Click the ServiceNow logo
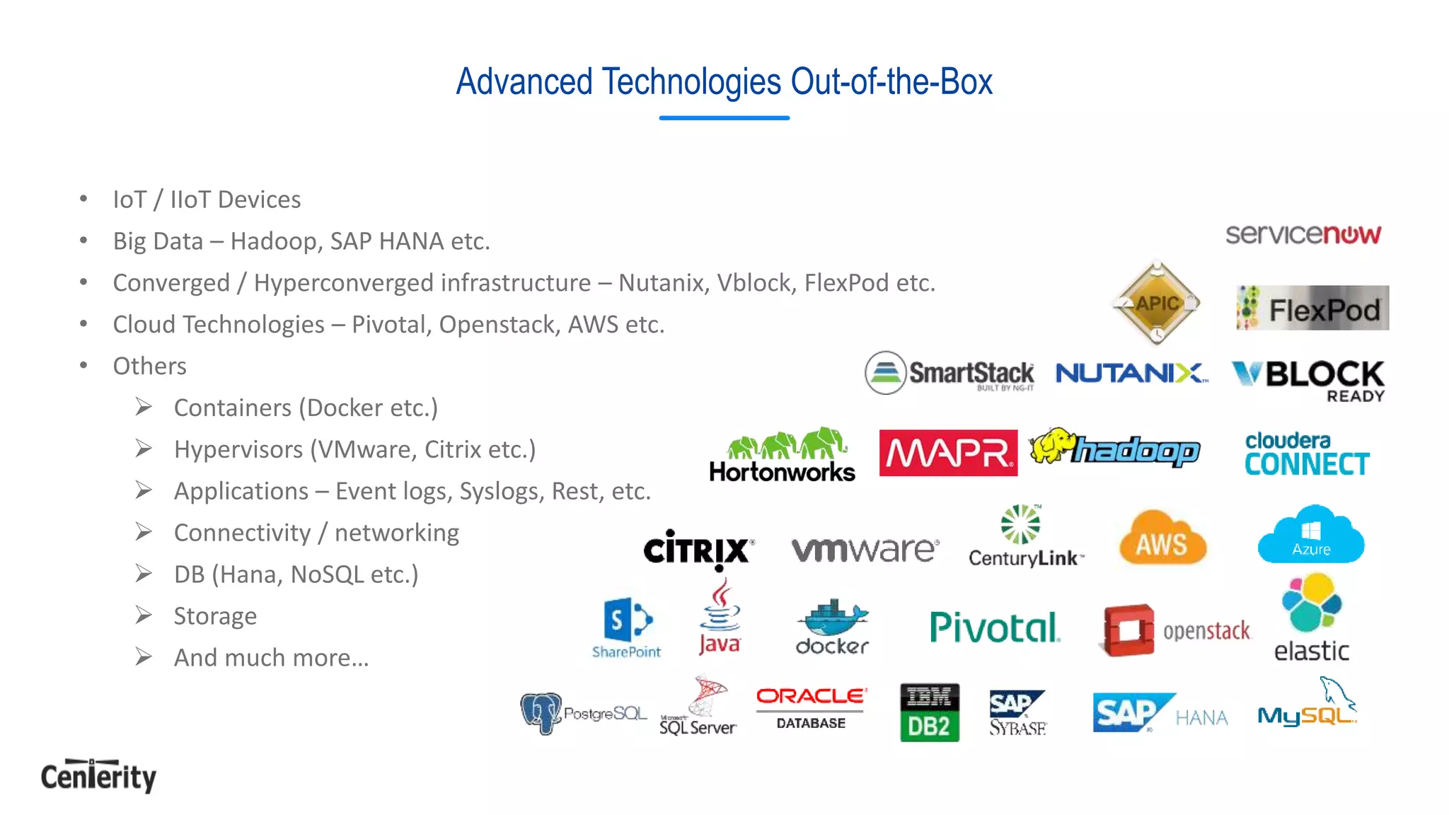(1303, 234)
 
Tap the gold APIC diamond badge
(1157, 304)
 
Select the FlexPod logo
(1312, 308)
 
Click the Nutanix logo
(1131, 373)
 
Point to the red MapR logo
(948, 453)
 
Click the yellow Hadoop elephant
(1051, 446)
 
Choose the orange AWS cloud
(1162, 539)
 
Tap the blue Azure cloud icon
(1311, 536)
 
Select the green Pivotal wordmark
(995, 627)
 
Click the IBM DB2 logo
(929, 712)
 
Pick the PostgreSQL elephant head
(541, 712)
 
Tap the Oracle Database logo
(811, 708)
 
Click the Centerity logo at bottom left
(98, 776)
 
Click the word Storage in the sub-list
(215, 616)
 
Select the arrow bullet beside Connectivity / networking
(144, 532)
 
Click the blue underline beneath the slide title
(724, 118)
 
